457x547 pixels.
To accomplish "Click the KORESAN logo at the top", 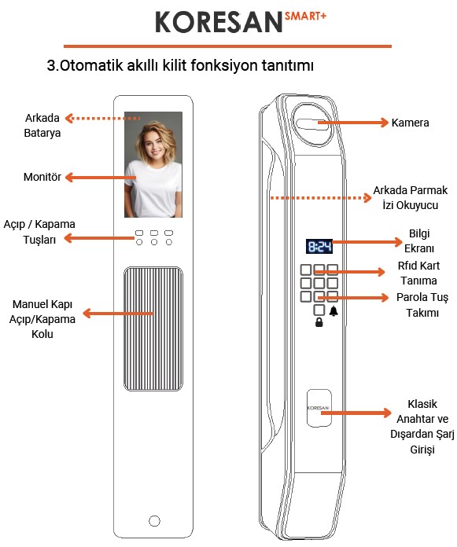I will point(218,22).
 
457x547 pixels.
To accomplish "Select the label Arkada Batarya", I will point(42,126).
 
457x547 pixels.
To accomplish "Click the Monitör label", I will point(42,178).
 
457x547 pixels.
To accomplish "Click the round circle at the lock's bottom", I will point(154,521).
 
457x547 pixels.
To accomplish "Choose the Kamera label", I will point(410,123).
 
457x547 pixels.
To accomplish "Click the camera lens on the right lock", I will point(312,123).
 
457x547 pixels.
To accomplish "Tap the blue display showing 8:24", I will point(319,247).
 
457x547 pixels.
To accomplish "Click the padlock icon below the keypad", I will point(319,322).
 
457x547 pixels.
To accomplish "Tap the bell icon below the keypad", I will point(334,312).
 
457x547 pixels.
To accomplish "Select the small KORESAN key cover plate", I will point(319,409).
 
